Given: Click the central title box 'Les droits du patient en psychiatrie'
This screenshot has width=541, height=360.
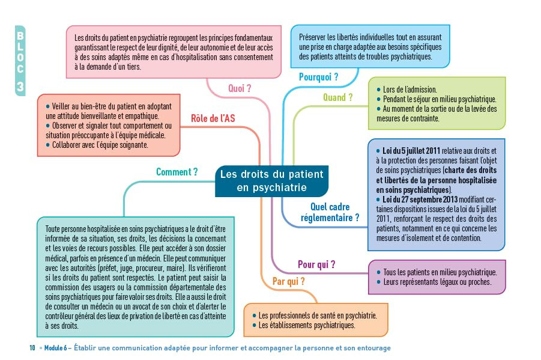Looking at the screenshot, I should [271, 181].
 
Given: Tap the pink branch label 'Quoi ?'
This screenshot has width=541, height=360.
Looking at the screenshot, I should [240, 88].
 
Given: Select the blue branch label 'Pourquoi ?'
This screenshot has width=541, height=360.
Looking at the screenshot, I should [318, 77].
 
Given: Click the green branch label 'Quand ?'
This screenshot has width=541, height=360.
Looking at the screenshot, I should [338, 97].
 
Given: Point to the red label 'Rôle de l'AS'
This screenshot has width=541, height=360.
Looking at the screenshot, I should [213, 118].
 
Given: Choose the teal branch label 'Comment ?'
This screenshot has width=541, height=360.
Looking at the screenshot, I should [177, 172].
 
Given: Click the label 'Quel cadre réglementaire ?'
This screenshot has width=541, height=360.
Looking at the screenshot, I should [330, 212].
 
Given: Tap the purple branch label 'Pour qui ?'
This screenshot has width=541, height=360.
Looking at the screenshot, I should [316, 264].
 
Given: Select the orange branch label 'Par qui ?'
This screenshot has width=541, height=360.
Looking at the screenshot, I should [288, 281].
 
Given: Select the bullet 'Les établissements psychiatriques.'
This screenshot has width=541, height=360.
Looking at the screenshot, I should [307, 325].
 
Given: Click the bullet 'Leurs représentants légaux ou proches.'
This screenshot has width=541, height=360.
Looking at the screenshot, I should [436, 282].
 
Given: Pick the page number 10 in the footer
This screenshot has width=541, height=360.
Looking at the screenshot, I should [32, 348].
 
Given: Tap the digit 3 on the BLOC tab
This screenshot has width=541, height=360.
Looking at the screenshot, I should [20, 87].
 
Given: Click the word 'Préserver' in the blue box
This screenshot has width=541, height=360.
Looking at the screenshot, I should [314, 37].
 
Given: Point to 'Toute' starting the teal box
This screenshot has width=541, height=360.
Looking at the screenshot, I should [55, 230].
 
